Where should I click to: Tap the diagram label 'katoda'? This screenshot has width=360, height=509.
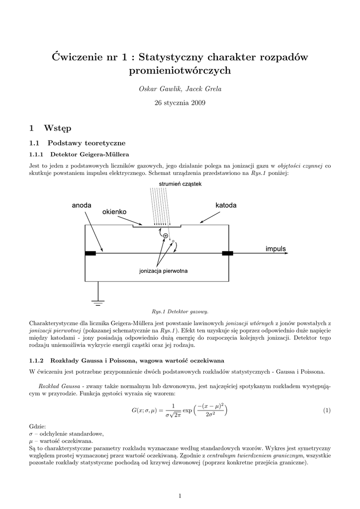(226, 205)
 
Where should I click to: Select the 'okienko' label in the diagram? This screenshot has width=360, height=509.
(114, 212)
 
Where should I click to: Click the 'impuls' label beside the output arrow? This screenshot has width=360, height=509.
(276, 248)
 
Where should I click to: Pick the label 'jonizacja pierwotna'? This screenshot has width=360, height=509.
(163, 271)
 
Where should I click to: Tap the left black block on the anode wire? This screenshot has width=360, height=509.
(90, 254)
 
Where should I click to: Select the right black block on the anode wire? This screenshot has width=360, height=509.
(227, 254)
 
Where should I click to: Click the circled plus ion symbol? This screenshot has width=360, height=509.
(166, 236)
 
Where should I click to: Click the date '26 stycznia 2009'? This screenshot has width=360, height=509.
(180, 103)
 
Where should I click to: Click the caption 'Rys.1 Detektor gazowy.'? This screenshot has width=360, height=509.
(180, 312)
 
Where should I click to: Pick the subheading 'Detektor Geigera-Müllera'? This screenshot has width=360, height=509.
(90, 154)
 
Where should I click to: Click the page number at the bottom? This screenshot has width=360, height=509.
(180, 495)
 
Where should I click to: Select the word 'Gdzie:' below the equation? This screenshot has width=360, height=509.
(38, 426)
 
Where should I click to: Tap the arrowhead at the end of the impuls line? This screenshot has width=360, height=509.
(285, 254)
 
